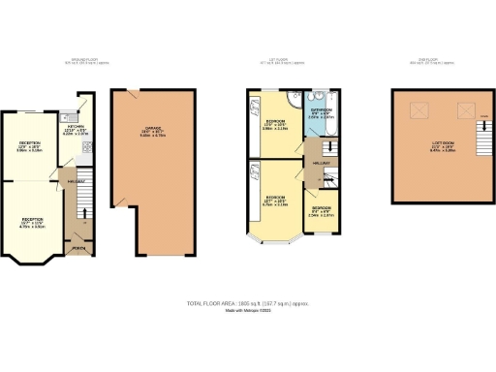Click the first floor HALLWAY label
click(321, 165)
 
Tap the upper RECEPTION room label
click(33, 146)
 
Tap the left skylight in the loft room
click(419, 111)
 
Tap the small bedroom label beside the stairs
click(322, 212)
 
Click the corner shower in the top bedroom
click(256, 99)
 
